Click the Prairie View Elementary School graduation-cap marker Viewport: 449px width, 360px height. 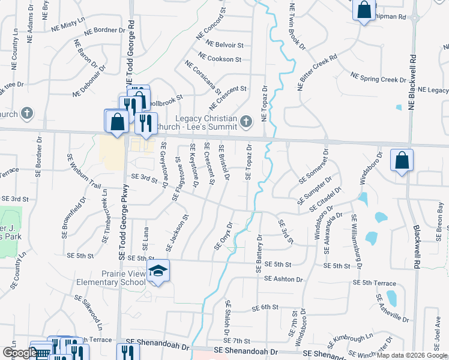(x=158, y=271)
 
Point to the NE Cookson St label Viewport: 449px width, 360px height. (x=220, y=59)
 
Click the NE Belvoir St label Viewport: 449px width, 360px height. (x=224, y=44)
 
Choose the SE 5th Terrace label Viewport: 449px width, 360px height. (x=375, y=283)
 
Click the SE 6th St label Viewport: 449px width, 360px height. (x=265, y=307)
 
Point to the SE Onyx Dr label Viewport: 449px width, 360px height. (x=223, y=236)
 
